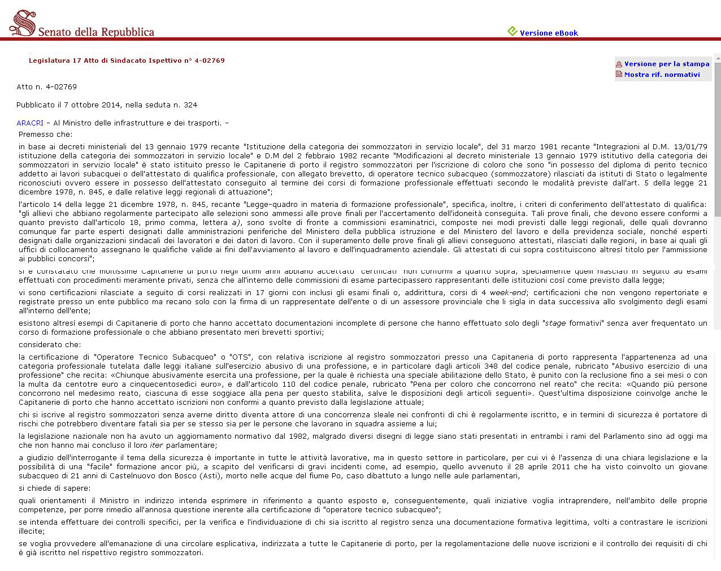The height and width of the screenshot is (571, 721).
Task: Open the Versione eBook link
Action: coord(549,33)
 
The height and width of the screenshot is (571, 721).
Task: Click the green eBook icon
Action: coord(512,32)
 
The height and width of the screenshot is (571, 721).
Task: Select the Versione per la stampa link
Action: coord(667,64)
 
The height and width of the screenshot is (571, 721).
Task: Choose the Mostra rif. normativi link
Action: coord(662,75)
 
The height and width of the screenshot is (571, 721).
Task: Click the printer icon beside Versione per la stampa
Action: coord(619,64)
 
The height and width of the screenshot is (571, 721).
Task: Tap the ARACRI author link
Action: coord(30,123)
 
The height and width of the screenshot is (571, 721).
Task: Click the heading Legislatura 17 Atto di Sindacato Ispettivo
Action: coord(127,60)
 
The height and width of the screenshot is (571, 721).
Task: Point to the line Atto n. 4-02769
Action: coord(46,87)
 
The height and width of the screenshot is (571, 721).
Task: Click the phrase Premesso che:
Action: coord(45,135)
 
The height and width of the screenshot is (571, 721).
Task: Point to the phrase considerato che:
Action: coord(49,345)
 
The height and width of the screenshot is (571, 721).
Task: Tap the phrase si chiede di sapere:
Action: coord(54,488)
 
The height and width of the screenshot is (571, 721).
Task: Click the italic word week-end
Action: coord(507,293)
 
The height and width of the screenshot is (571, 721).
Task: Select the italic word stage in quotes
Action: coord(555,323)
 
